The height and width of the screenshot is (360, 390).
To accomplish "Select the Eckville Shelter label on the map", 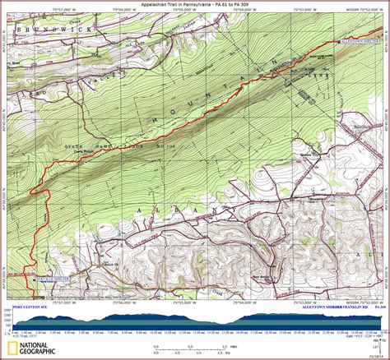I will tap(49, 279).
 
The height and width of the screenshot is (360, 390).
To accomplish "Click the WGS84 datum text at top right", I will tap(337, 10).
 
